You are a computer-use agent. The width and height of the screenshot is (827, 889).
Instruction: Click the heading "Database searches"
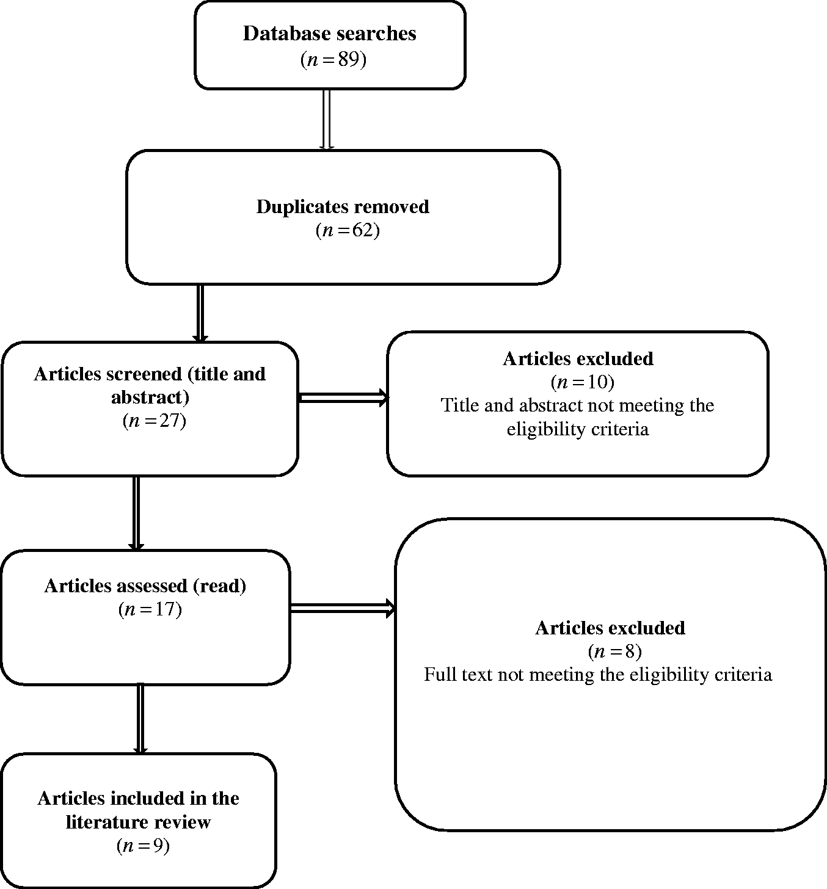tap(330, 34)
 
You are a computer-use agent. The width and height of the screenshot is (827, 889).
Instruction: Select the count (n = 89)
tap(333, 59)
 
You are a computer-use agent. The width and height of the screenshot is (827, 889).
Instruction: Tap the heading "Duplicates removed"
tap(343, 207)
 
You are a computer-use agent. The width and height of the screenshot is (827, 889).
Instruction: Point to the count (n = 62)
tap(348, 231)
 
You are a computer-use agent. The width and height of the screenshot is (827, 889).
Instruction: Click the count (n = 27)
tap(154, 421)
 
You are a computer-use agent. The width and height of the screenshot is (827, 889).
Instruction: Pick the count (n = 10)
tap(583, 382)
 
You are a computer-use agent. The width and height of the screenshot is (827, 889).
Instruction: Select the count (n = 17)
tap(150, 609)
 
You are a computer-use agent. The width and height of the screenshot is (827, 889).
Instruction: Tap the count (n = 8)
tap(614, 651)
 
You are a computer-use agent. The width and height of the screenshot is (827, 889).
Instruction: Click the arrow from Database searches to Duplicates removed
tap(327, 120)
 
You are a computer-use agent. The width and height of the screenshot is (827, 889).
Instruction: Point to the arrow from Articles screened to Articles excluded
tap(343, 397)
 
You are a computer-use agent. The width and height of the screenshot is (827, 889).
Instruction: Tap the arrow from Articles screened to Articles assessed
tap(136, 513)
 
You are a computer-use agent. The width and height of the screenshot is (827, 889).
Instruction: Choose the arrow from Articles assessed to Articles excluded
tap(343, 608)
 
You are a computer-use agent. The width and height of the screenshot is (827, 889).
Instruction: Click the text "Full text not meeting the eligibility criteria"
tap(598, 675)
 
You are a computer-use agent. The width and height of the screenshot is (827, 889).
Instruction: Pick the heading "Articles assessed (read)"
tap(145, 586)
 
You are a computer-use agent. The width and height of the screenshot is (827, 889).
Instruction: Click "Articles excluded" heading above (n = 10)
tap(578, 358)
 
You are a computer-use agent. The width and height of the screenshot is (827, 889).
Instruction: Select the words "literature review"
tap(138, 822)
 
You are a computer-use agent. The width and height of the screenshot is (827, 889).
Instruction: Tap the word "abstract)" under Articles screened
tap(150, 397)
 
